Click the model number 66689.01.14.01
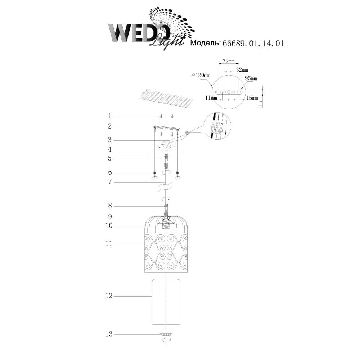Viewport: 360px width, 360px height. (x=253, y=44)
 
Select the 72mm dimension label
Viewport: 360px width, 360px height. (x=229, y=61)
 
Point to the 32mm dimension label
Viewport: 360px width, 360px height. (x=242, y=70)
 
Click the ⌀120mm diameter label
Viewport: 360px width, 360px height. (x=201, y=75)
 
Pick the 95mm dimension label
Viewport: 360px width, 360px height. (x=251, y=78)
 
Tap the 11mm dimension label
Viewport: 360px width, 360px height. (x=211, y=98)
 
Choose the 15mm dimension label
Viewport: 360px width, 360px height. (x=252, y=98)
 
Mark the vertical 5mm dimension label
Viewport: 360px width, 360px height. (x=260, y=102)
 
